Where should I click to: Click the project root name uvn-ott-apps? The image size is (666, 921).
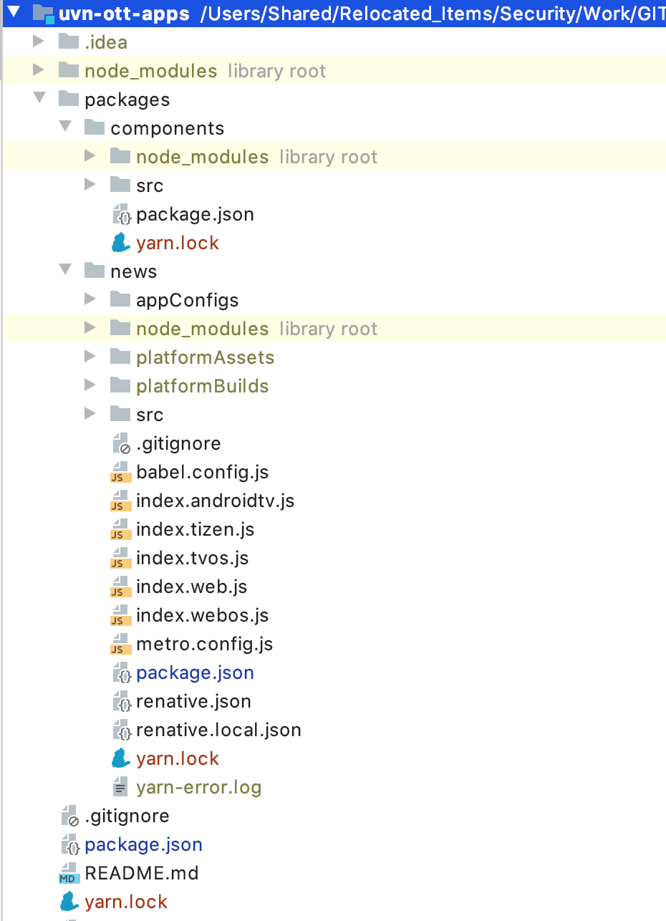click(124, 14)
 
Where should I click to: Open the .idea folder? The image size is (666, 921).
click(105, 42)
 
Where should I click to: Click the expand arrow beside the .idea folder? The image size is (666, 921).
click(39, 42)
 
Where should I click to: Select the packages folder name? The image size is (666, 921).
click(127, 100)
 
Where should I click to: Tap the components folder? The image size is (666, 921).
click(167, 128)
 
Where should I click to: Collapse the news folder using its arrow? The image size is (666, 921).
click(65, 270)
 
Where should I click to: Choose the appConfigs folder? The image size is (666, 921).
click(187, 300)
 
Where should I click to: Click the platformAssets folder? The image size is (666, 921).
click(205, 357)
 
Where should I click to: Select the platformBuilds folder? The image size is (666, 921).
click(202, 386)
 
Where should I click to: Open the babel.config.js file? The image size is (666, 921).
click(202, 472)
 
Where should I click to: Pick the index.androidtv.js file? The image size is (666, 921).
click(215, 501)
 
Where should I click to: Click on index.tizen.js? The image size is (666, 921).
click(195, 529)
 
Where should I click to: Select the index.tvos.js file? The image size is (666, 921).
click(192, 558)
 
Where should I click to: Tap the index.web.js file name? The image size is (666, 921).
click(191, 587)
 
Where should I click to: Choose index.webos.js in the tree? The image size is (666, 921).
click(202, 615)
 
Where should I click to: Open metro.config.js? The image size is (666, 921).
click(204, 644)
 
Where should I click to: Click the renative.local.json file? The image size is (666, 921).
click(218, 730)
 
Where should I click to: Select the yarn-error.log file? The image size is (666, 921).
click(198, 787)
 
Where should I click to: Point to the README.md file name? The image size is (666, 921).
click(141, 873)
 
